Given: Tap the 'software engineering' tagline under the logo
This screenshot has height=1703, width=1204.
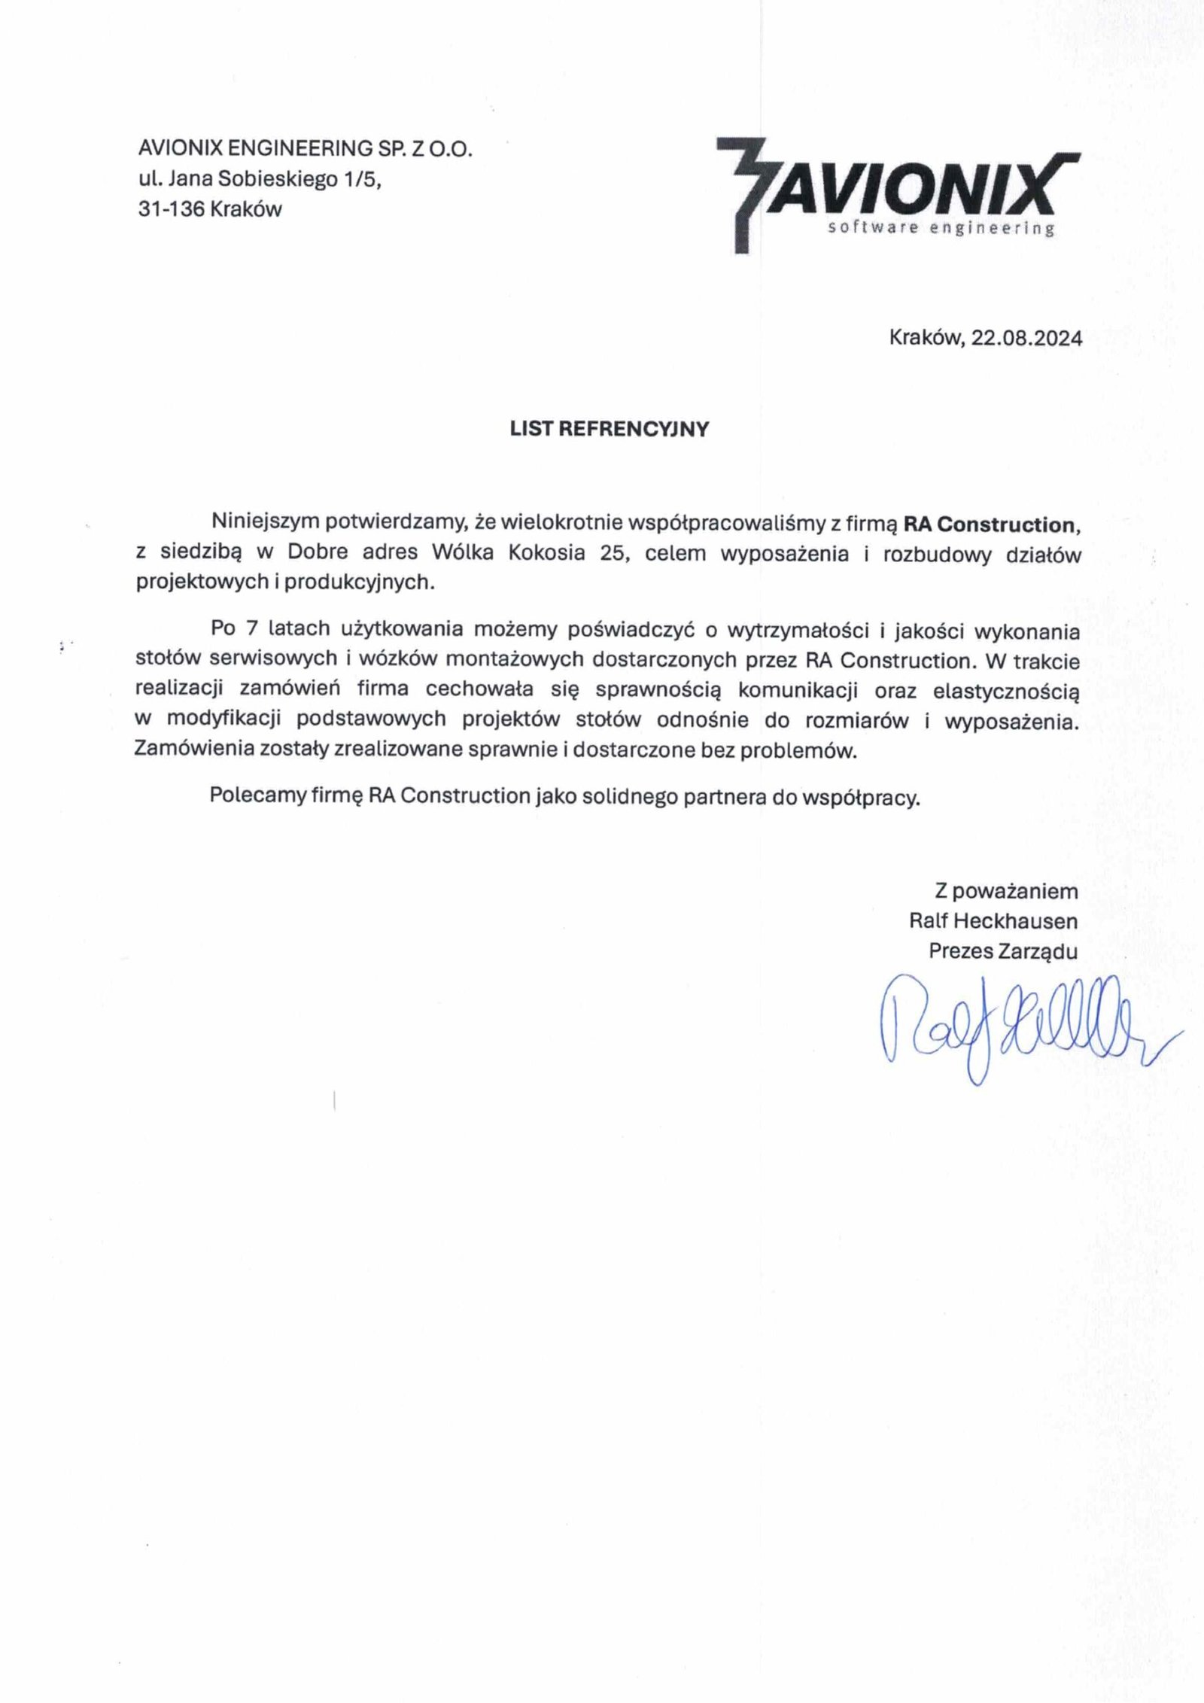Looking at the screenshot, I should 940,229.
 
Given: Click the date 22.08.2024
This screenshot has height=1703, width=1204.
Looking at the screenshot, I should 1026,339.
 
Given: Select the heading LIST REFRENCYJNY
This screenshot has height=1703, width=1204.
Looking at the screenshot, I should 610,429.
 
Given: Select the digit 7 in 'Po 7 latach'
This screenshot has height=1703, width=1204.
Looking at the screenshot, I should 252,628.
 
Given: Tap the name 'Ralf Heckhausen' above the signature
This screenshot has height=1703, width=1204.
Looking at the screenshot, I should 993,921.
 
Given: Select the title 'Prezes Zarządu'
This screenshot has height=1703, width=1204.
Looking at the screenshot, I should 1003,951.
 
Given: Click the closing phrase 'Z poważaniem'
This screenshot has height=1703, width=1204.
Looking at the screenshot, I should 1006,892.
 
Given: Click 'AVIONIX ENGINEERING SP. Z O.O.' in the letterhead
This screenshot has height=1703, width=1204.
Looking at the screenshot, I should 306,149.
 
